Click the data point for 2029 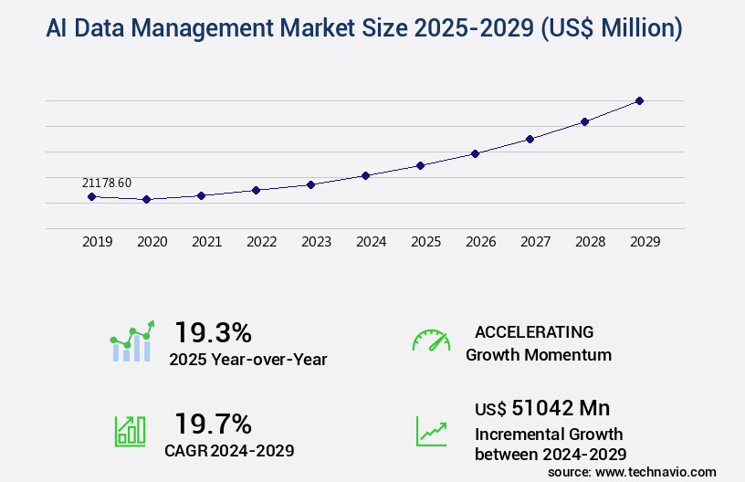[639, 100]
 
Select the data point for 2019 [91, 196]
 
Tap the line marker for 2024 [365, 175]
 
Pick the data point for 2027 [530, 139]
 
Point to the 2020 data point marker [146, 199]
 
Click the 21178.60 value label [106, 183]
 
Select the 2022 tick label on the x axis [261, 242]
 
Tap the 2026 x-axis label [480, 242]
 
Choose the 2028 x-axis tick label [590, 242]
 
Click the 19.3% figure [213, 331]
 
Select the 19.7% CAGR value [213, 424]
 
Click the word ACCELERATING [534, 331]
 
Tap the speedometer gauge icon [431, 341]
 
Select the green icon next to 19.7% [130, 431]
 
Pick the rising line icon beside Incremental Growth [431, 431]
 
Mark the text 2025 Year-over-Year [247, 360]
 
